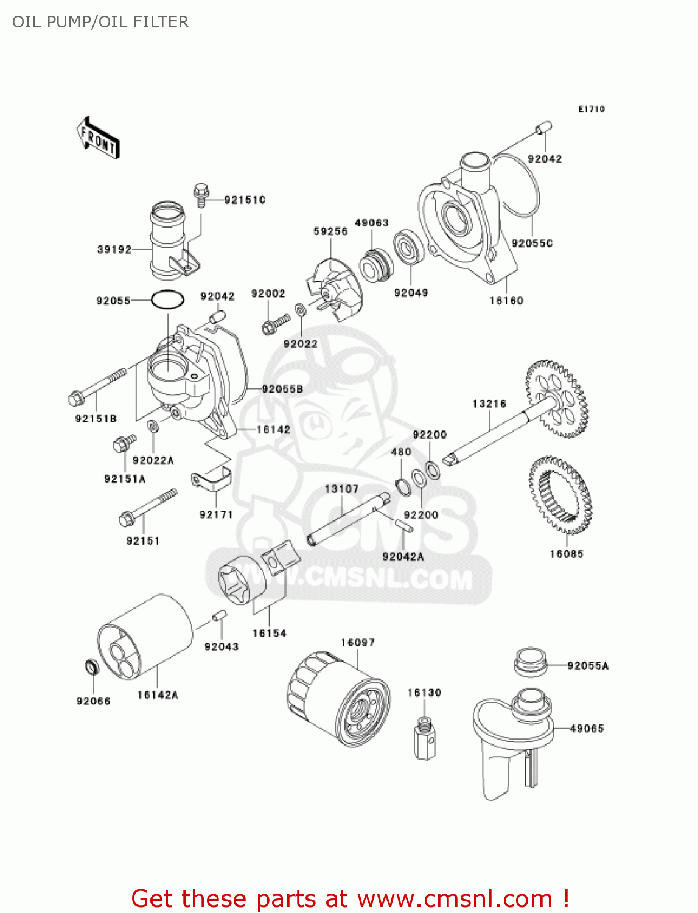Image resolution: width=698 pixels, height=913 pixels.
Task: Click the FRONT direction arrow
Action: coord(98,138)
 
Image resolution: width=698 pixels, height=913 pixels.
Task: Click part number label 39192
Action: coord(114,250)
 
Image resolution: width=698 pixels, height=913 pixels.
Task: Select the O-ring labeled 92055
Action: coord(167,299)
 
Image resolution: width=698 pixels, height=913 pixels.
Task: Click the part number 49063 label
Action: coord(371,223)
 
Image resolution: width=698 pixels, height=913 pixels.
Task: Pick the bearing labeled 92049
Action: coord(408,248)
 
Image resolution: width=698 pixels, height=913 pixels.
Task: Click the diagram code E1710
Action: coord(591,109)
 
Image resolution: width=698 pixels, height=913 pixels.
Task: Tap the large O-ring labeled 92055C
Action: coord(517,183)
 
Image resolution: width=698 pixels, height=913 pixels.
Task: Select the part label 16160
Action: coord(506,300)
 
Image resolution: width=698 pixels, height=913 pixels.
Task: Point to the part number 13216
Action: coord(489,404)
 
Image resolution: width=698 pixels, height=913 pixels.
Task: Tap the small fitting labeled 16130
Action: coord(425,738)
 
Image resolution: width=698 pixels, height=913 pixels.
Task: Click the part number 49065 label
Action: coord(586,728)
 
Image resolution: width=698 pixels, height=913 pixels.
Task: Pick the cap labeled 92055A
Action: coord(531,662)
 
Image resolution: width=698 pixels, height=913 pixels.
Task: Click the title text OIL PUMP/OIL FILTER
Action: coord(100,22)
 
